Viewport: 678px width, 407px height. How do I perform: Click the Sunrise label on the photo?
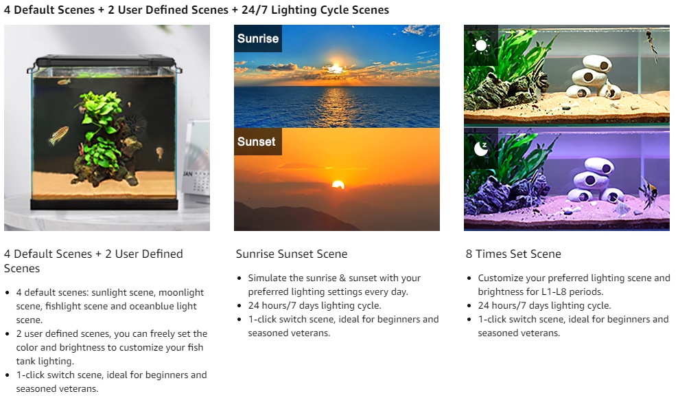[257, 38]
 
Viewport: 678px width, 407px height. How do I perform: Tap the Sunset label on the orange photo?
[256, 142]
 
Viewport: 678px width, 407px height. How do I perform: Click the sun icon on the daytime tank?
[480, 46]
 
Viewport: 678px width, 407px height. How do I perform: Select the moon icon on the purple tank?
[480, 146]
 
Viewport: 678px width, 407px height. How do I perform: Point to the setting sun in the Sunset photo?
[338, 184]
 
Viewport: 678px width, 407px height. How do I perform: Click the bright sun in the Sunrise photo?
[336, 67]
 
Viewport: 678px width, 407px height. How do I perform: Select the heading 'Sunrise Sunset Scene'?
[292, 254]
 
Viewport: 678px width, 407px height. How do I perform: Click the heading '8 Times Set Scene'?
[513, 254]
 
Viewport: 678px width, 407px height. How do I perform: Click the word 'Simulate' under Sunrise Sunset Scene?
[268, 278]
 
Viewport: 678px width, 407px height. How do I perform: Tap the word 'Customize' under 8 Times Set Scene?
[502, 278]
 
